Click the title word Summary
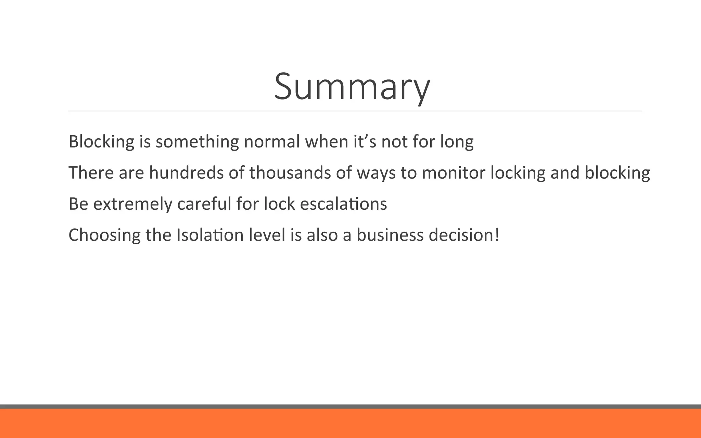pos(352,86)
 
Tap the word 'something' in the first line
pos(197,142)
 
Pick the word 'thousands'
pos(290,172)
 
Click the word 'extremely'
pos(132,204)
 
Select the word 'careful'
pos(204,204)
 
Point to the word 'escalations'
pos(343,204)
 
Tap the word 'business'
pos(390,235)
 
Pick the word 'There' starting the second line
pos(91,172)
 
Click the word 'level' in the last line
pos(267,235)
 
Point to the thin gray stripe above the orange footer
pos(350,407)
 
